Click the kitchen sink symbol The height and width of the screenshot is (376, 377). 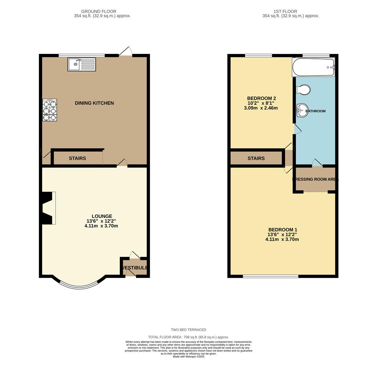coord(81,64)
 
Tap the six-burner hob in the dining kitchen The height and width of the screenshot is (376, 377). coord(49,110)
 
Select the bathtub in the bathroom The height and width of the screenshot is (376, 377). coord(313,67)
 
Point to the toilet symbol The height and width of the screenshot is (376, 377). coord(304,89)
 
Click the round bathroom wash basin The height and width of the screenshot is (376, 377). coord(301,111)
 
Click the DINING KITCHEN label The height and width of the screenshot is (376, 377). coord(94,103)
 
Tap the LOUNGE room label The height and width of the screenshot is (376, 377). coord(102,216)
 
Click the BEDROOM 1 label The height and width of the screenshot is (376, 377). coord(282,230)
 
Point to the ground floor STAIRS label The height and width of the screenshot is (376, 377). coord(77,158)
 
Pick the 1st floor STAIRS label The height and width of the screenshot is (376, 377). coord(256,158)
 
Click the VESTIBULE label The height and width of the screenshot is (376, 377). coord(135,268)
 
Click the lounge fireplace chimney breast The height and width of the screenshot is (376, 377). coord(48,208)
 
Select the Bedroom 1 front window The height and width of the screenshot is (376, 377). coord(270,276)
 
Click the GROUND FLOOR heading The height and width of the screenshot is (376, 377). coord(99,11)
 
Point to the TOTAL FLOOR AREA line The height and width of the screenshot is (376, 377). coord(188,337)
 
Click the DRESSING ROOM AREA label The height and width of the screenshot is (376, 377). coord(315,180)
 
